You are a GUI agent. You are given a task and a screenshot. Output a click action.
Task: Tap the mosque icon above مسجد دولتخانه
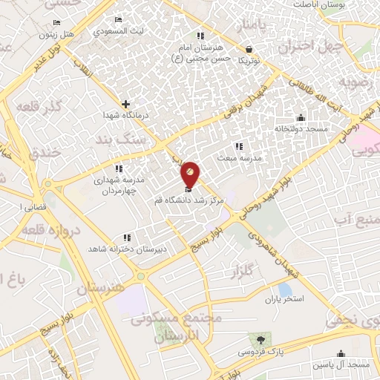click(300, 117)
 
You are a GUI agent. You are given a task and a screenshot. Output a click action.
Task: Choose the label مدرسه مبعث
click(237, 158)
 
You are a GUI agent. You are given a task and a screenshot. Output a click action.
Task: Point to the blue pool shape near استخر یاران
click(284, 289)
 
